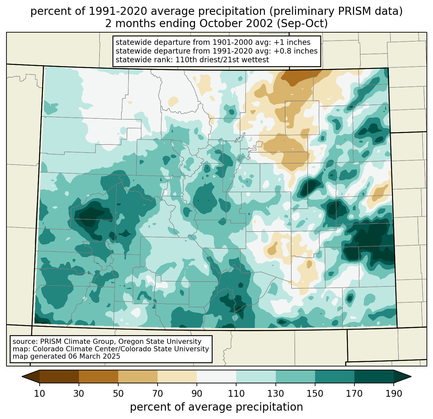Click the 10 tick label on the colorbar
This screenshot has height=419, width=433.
(x=39, y=394)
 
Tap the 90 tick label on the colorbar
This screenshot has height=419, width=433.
(x=197, y=394)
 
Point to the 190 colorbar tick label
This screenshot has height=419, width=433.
(x=393, y=394)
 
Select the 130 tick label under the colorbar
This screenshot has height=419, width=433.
(x=275, y=394)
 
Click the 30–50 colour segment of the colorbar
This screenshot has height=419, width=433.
(x=99, y=376)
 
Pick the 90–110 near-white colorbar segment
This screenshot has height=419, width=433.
(x=216, y=376)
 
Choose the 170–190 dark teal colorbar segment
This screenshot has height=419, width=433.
(x=374, y=376)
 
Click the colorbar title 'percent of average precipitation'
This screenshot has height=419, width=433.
(x=216, y=407)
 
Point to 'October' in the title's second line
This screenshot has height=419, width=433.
(x=219, y=24)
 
